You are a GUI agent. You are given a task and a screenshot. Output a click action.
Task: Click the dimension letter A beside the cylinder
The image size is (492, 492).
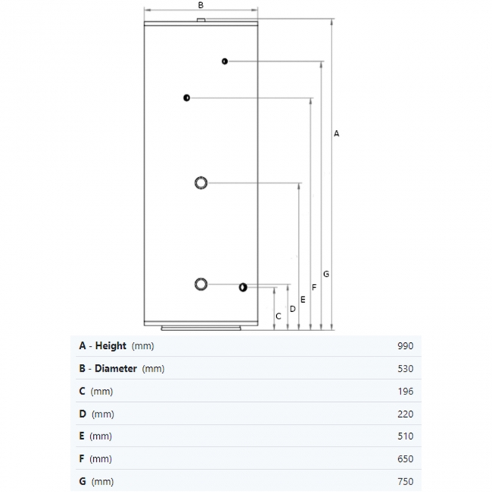pos(337,133)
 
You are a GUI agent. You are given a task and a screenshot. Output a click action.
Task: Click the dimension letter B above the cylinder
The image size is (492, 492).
pos(201,5)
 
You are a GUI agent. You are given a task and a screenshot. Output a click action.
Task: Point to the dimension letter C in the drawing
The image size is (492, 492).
pos(279,316)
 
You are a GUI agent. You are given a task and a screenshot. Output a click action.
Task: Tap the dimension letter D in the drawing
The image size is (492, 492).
pos(292,308)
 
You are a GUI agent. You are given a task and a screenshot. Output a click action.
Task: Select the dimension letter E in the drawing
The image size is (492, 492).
pos(303,300)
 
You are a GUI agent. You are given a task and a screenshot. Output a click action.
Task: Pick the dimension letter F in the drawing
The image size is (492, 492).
pos(314,287)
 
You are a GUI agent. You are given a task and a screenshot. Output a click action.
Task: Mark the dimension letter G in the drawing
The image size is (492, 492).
pos(325,273)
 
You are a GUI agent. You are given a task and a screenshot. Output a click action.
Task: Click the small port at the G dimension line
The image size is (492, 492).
pos(225,61)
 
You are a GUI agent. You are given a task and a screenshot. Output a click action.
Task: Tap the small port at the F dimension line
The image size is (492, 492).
pos(186,98)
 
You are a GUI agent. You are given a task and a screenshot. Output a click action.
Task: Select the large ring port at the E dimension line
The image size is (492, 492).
pos(201,182)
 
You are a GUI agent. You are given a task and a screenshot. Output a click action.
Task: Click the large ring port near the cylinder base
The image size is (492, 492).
pos(201,284)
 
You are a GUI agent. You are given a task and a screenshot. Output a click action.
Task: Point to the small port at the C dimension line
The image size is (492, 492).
pos(242,288)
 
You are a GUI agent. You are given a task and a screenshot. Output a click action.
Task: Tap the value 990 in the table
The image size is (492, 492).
pos(405,346)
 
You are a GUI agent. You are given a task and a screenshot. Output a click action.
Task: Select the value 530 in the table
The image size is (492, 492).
pos(405,369)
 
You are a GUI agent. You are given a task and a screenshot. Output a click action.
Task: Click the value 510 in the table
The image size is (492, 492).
pos(405,437)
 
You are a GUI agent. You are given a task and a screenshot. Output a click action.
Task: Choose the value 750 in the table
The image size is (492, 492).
pos(405,482)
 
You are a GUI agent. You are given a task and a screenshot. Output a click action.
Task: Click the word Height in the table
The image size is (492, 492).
pos(111,346)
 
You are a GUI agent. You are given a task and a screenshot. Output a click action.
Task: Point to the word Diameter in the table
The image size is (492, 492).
pos(115,369)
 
